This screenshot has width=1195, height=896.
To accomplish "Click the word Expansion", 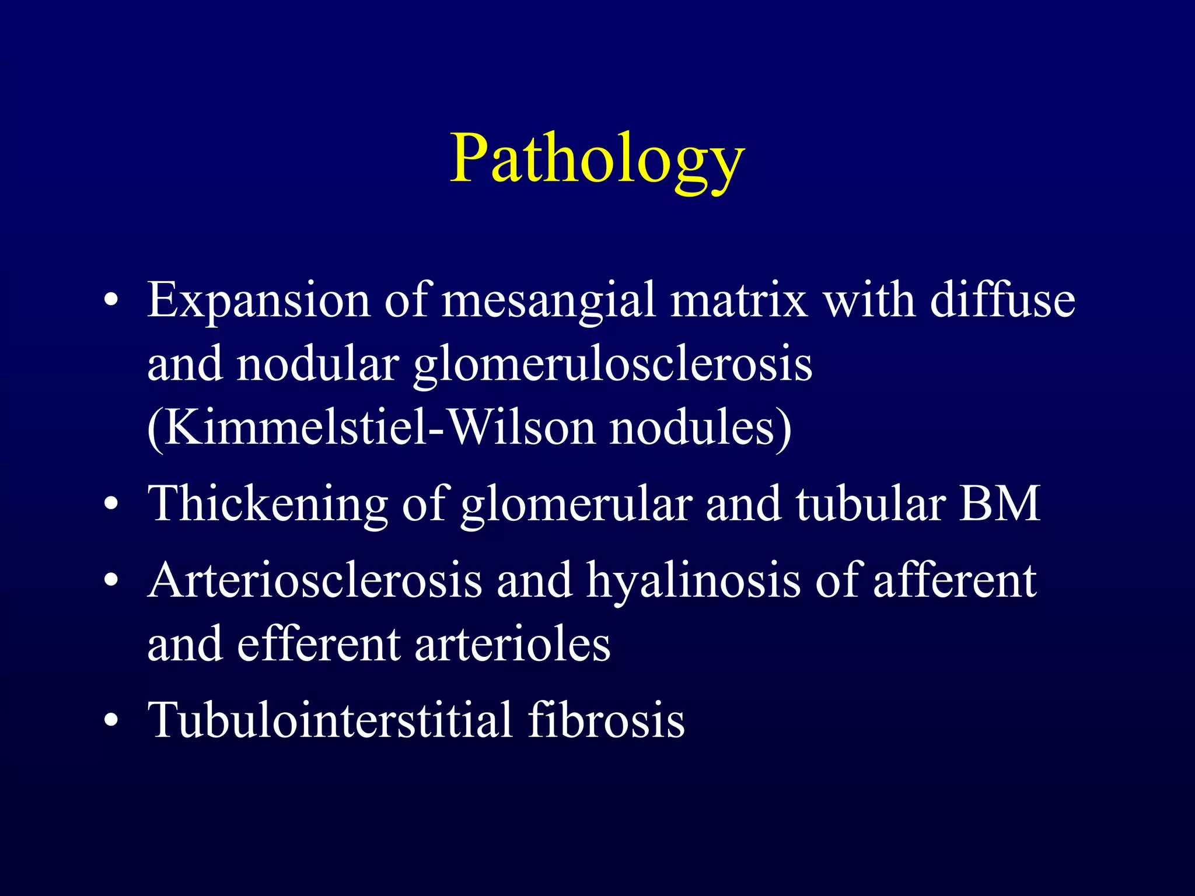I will coord(258,300).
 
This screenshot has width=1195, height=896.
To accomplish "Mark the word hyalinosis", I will coord(694,582).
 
